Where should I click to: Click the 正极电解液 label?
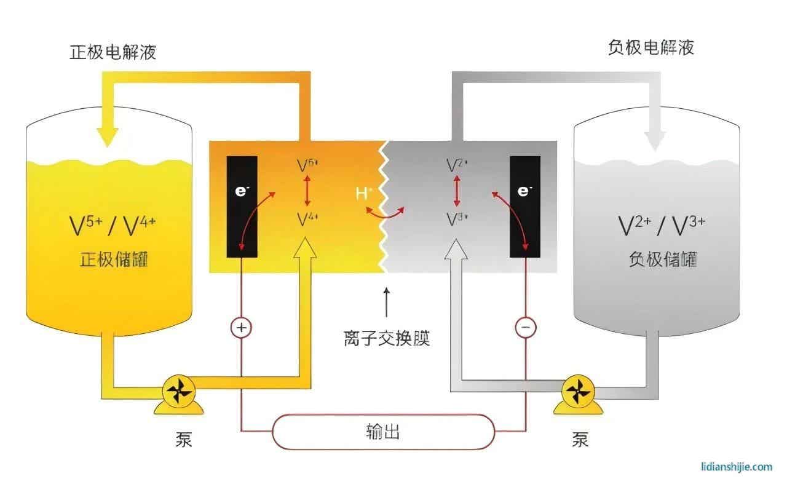pos(113,52)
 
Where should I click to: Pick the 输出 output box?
pos(383,432)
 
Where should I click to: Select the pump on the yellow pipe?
pos(179,392)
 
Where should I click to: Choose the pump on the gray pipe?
pos(577,392)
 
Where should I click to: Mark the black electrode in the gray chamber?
pos(524,207)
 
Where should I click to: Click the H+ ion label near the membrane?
pos(364,194)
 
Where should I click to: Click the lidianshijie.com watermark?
pos(736,467)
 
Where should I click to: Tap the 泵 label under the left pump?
pos(183,439)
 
